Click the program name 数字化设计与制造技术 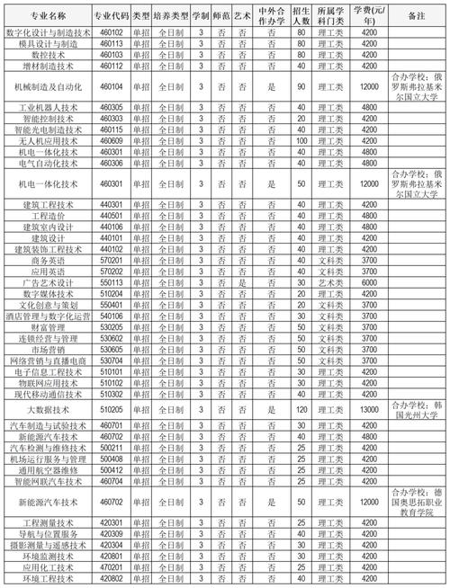(49, 32)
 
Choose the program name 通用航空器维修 (49, 469)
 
